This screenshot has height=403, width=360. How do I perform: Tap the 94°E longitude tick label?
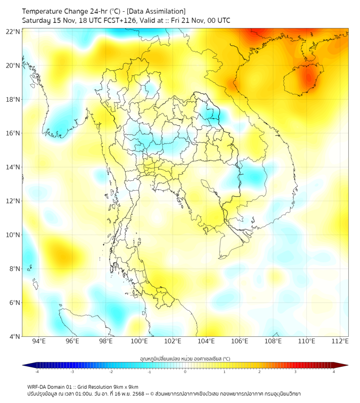coord(39,341)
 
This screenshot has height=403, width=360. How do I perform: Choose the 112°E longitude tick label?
coord(340,341)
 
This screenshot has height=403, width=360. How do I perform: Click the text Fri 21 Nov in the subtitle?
coord(196,20)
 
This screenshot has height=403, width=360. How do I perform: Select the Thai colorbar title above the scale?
coord(185,359)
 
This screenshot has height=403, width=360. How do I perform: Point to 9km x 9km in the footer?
coord(126,387)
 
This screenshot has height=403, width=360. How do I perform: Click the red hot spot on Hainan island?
coord(307,79)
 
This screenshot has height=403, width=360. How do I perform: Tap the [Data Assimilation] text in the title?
coord(156,11)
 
